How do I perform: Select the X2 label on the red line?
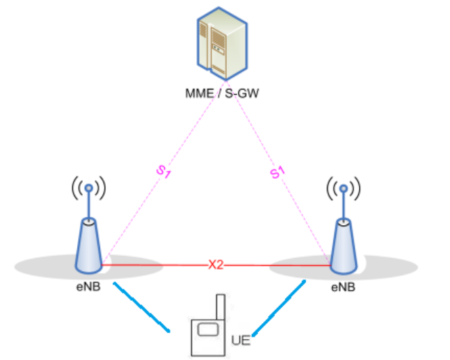[216, 265]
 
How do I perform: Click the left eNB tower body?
[88, 247]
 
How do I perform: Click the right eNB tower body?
[341, 247]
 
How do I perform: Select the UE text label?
[239, 341]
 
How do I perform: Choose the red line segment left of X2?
[153, 265]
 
